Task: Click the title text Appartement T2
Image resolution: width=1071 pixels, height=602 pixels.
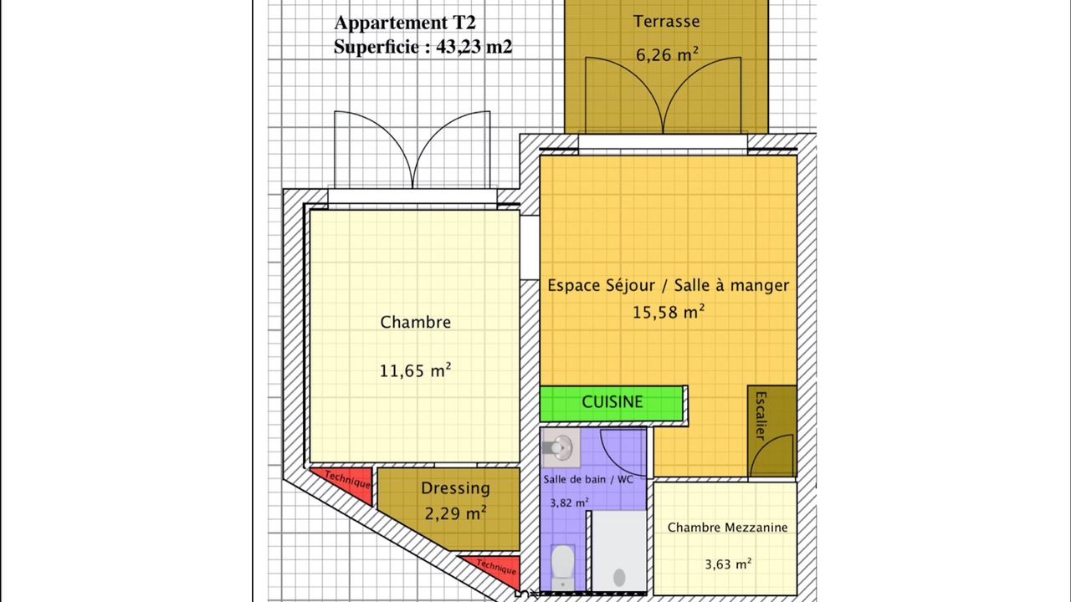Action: pyautogui.click(x=405, y=23)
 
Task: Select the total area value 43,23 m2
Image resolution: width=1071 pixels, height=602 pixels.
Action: pyautogui.click(x=474, y=47)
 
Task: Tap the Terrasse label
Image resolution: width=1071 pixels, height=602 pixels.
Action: pyautogui.click(x=667, y=21)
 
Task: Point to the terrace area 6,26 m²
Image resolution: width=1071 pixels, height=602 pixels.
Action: pyautogui.click(x=667, y=54)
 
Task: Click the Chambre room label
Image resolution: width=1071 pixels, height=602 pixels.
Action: pyautogui.click(x=416, y=322)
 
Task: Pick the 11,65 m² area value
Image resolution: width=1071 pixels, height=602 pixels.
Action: pyautogui.click(x=416, y=370)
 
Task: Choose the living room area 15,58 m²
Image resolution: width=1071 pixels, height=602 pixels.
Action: pyautogui.click(x=669, y=312)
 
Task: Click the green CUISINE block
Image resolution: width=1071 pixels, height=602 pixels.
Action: pyautogui.click(x=612, y=404)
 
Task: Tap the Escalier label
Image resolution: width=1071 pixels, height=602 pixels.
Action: pyautogui.click(x=761, y=416)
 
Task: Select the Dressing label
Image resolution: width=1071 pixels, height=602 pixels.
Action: pyautogui.click(x=456, y=488)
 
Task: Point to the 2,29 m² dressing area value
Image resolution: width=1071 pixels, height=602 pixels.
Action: pyautogui.click(x=456, y=513)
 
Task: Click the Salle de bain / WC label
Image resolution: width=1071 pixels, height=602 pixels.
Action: pyautogui.click(x=588, y=479)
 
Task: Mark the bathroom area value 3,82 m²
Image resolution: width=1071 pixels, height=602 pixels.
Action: pyautogui.click(x=569, y=503)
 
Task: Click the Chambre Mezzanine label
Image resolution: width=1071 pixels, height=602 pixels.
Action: pyautogui.click(x=727, y=528)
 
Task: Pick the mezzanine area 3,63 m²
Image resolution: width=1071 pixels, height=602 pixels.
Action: pyautogui.click(x=728, y=564)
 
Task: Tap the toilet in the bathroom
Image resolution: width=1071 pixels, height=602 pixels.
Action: pyautogui.click(x=563, y=568)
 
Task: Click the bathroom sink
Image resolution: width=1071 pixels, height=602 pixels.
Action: pyautogui.click(x=561, y=447)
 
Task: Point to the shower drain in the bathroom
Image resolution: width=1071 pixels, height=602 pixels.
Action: pyautogui.click(x=620, y=578)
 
